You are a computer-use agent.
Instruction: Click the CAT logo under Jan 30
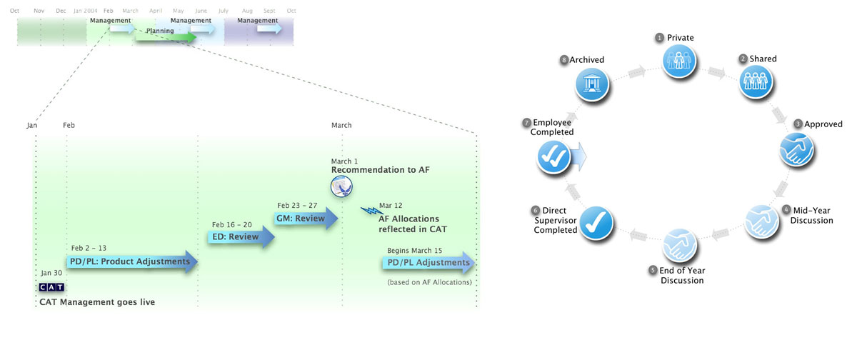(x=51, y=287)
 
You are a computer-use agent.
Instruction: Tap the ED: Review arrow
(x=241, y=236)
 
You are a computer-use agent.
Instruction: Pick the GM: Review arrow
(x=307, y=219)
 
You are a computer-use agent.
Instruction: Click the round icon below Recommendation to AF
(x=342, y=187)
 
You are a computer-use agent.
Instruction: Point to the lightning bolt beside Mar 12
(x=371, y=211)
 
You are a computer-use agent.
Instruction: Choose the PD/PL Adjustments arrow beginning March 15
(x=429, y=263)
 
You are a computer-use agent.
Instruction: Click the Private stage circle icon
(x=675, y=60)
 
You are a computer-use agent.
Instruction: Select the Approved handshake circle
(x=796, y=150)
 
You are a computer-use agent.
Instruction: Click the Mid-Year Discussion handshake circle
(x=763, y=221)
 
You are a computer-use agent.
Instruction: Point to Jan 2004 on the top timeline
(x=86, y=11)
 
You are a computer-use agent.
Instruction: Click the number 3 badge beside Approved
(x=797, y=124)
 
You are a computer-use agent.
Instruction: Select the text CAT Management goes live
(x=97, y=302)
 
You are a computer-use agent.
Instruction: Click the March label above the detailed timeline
(x=341, y=126)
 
